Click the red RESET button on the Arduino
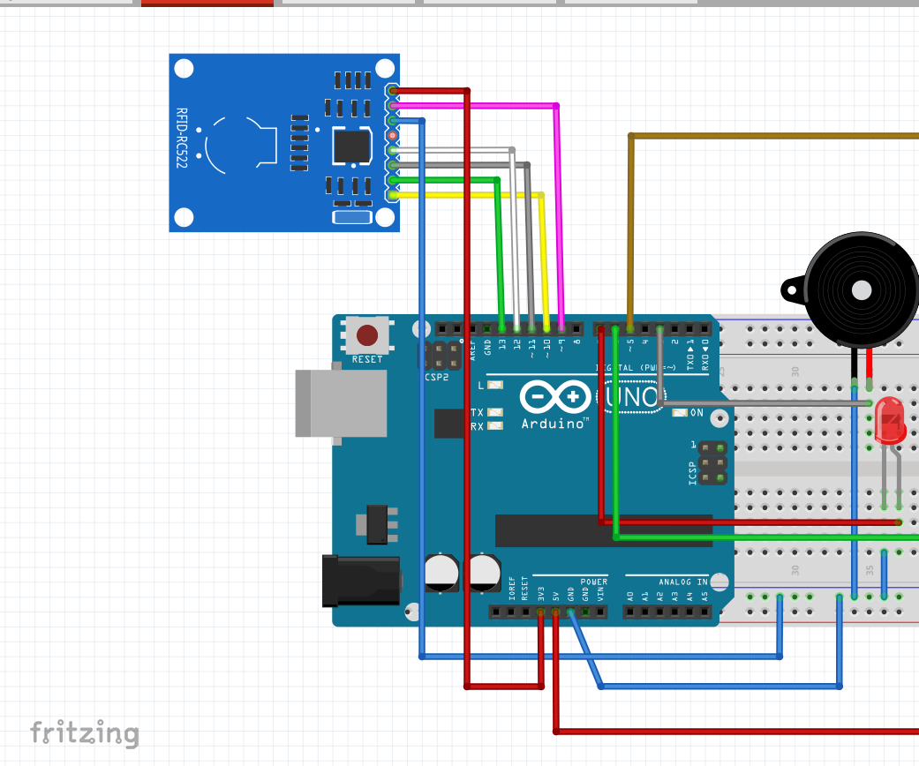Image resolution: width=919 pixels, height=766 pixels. (366, 335)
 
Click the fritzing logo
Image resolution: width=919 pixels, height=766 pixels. (85, 732)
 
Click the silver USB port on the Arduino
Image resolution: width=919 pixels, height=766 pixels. (341, 402)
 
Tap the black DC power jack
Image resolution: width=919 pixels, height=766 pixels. (361, 581)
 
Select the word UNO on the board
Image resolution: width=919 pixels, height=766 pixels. (634, 398)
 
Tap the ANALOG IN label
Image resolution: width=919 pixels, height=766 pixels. (682, 582)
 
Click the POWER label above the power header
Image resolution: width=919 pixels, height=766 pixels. (593, 582)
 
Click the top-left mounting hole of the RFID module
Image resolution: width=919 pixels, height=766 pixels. (184, 69)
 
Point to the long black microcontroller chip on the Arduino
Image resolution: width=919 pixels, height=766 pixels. (603, 531)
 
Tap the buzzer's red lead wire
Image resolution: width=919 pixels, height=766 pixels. (870, 363)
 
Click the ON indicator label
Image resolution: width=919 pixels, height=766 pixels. (697, 412)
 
